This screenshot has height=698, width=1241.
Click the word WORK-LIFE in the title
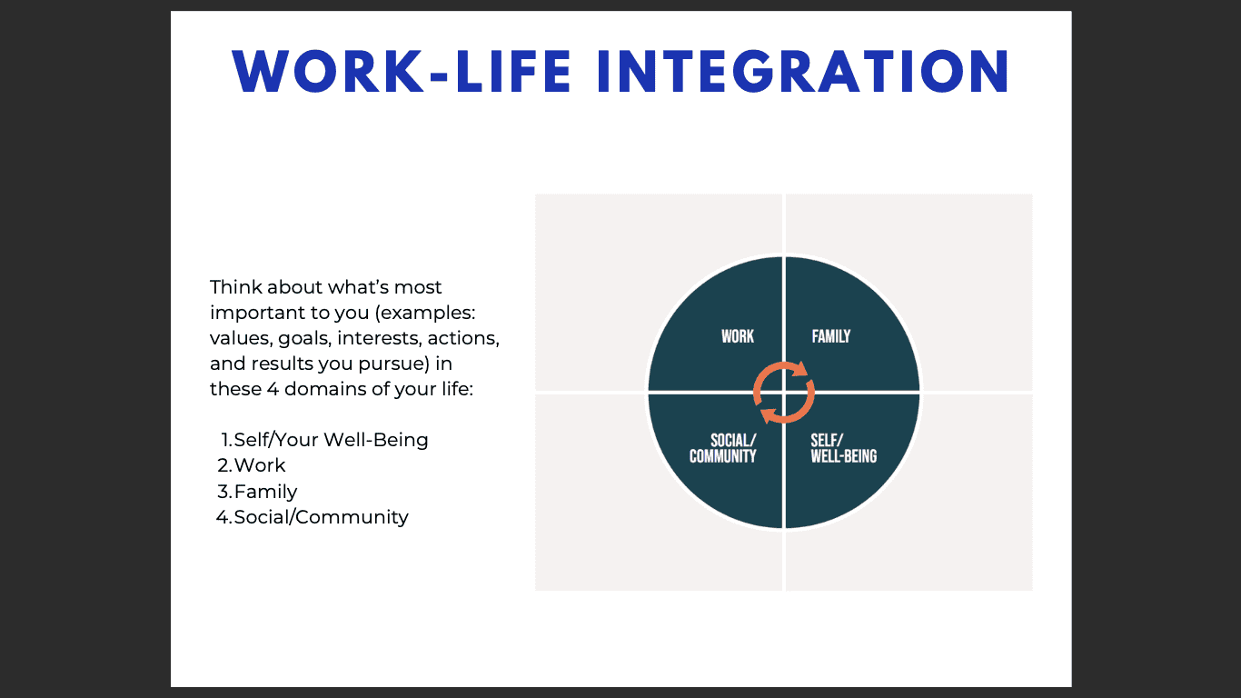point(402,72)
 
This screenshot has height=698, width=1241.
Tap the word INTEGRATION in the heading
point(803,72)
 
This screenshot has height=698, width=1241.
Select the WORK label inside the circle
point(738,336)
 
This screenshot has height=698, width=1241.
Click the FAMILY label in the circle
point(831,336)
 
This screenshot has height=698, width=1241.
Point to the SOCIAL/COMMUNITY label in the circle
point(722,448)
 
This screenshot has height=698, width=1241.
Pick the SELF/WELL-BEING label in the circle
point(844,448)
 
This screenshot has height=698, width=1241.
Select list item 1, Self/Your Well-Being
point(324,440)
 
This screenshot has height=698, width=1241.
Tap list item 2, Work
point(252,465)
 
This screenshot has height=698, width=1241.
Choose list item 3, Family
point(257,492)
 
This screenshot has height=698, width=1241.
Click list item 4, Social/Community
point(312,517)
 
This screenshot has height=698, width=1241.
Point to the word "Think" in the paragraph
point(235,287)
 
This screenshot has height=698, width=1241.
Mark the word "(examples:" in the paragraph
point(425,314)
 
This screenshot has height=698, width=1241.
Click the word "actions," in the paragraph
point(463,339)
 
